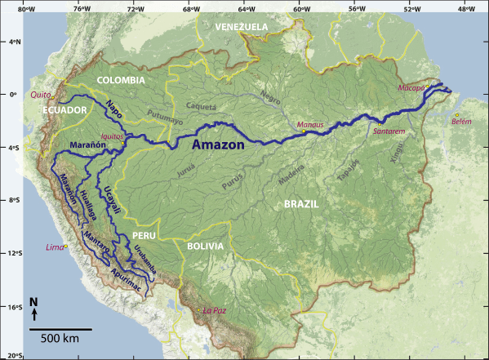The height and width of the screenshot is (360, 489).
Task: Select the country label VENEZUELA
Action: tap(242, 27)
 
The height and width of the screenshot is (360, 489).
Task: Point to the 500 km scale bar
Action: tap(61, 329)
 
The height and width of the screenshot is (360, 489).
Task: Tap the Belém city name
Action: tap(462, 120)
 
